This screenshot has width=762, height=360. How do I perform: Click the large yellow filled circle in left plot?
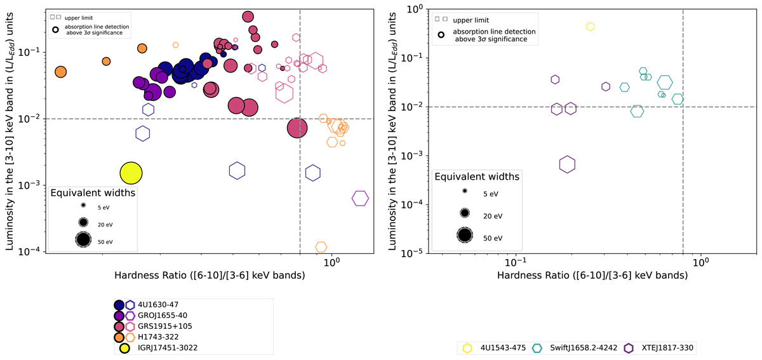pos(130,172)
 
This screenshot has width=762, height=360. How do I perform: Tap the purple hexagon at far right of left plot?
pos(360,198)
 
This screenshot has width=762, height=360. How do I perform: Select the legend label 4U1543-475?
pos(497,348)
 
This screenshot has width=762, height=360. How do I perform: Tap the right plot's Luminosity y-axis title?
pos(398,130)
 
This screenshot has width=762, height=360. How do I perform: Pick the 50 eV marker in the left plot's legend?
pos(83,239)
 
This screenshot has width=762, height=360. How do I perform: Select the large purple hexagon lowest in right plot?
pos(567,164)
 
